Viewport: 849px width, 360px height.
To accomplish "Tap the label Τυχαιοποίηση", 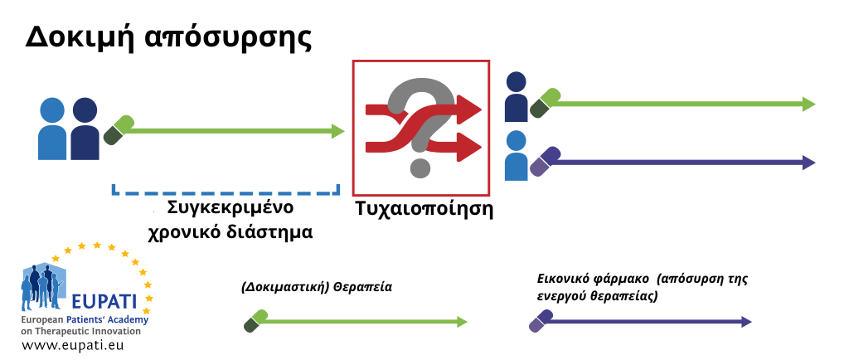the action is click(424, 209).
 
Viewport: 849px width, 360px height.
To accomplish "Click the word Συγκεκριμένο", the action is click(230, 208).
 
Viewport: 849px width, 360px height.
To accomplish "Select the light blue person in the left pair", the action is click(52, 129).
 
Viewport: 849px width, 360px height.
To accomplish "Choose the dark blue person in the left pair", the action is click(85, 129).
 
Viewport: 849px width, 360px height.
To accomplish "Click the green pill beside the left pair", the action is click(119, 130).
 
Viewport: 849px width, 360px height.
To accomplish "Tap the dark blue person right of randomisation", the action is click(516, 97).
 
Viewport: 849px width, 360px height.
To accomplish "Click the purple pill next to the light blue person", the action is click(545, 161).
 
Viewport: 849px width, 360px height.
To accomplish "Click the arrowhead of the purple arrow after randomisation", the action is click(809, 163).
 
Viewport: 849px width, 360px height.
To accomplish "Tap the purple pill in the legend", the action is click(541, 321).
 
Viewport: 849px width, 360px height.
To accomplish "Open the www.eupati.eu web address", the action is click(73, 344).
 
